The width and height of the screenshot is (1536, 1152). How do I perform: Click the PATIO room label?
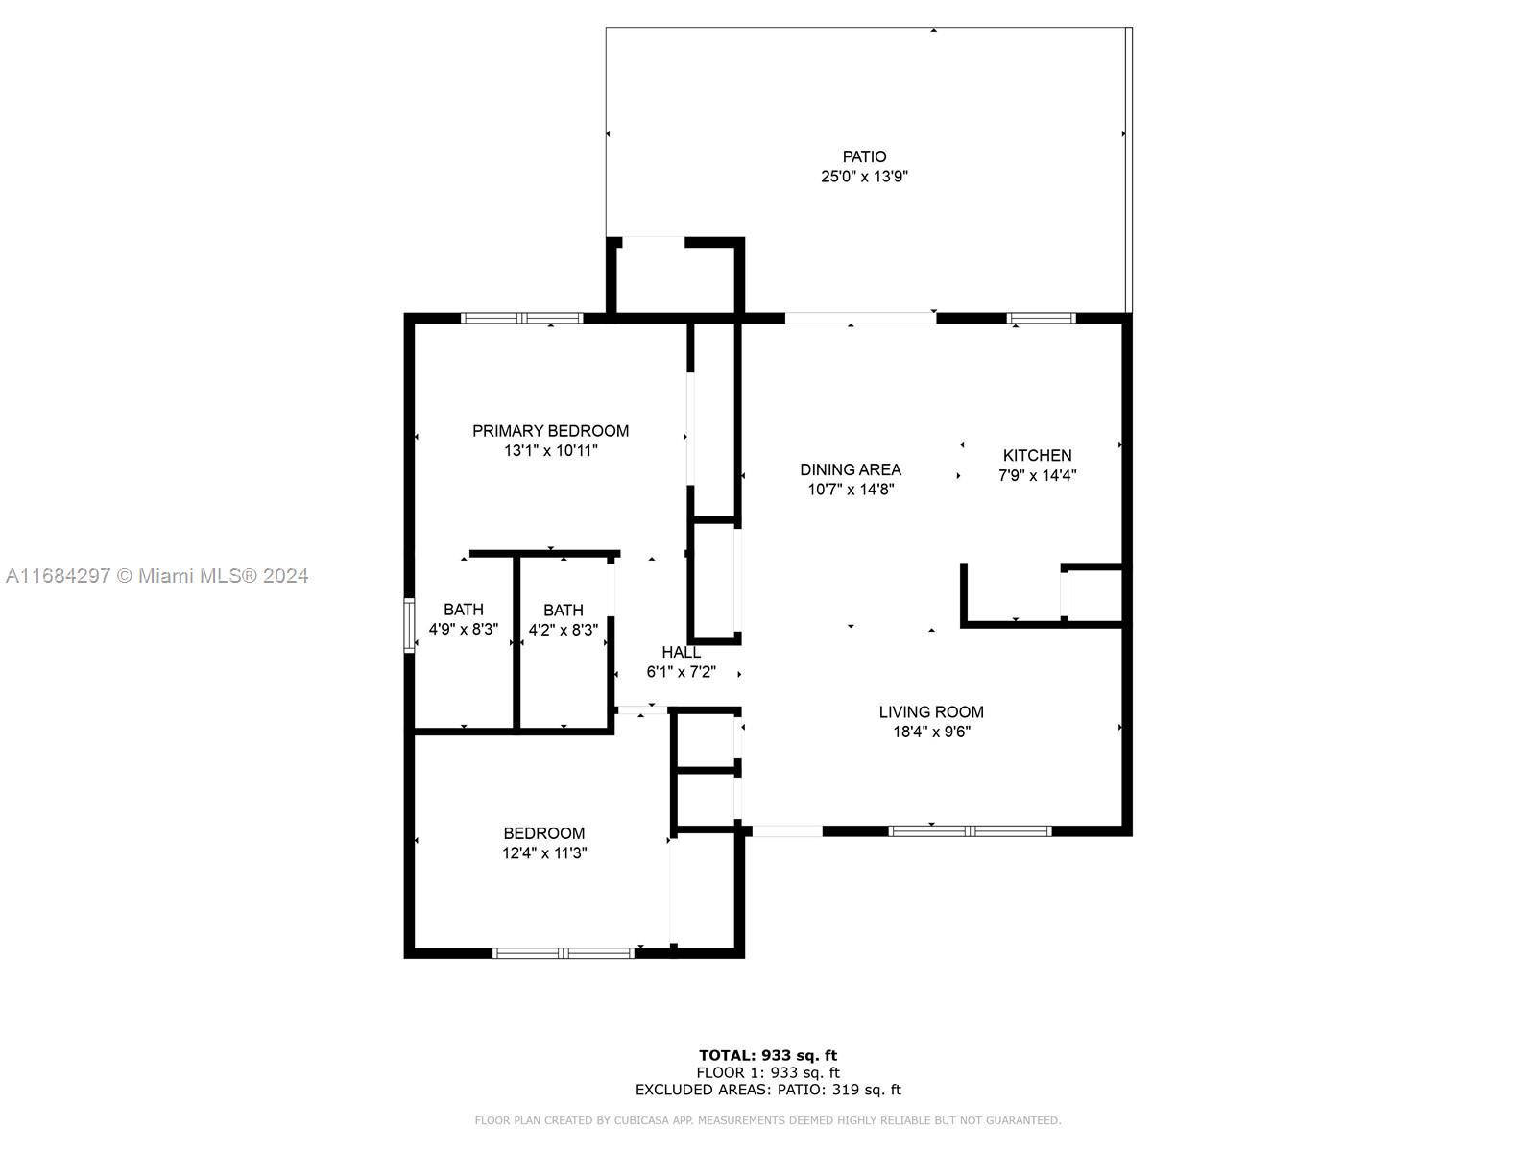[x=864, y=156]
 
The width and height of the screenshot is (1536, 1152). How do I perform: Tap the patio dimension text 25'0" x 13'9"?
[x=864, y=177]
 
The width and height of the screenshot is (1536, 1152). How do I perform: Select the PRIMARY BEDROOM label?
[x=550, y=431]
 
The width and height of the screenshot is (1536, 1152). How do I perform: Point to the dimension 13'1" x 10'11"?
[x=551, y=450]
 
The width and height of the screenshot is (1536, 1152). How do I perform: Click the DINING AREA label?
[x=851, y=469]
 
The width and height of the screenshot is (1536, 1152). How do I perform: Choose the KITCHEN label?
[x=1037, y=455]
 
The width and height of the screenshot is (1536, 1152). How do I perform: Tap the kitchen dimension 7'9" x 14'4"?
[x=1037, y=475]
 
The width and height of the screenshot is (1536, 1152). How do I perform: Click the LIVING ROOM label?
[x=931, y=712]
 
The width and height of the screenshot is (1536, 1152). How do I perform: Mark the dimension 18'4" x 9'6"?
[x=931, y=732]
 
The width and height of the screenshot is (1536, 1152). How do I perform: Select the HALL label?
[x=681, y=652]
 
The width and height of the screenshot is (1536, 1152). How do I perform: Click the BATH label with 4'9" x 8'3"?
[x=464, y=610]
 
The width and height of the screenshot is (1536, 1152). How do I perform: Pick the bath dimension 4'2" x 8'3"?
[x=564, y=630]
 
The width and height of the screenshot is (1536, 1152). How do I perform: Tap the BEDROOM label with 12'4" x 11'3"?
[x=543, y=833]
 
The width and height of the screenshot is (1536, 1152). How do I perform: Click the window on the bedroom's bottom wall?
[x=564, y=952]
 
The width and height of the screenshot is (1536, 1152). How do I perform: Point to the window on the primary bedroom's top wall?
[x=522, y=319]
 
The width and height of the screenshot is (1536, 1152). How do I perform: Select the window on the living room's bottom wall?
[x=970, y=831]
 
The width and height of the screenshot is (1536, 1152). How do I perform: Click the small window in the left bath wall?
[x=409, y=625]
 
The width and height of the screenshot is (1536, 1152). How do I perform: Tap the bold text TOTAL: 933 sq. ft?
[x=768, y=1055]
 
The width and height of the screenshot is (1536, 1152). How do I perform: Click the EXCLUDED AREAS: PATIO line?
[x=768, y=1089]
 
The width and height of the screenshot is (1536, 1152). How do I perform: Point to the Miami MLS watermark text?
[x=156, y=576]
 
